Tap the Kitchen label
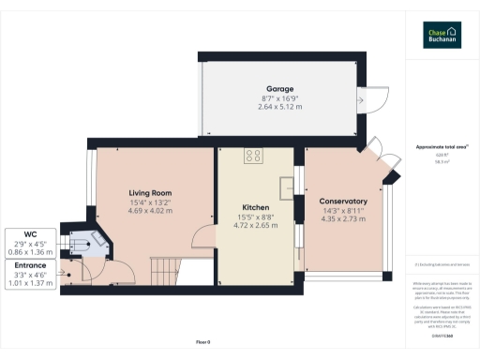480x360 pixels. click(x=256, y=208)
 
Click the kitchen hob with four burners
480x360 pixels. click(x=253, y=157)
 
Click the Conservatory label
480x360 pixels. click(x=343, y=202)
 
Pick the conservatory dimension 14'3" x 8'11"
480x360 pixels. click(x=343, y=210)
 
